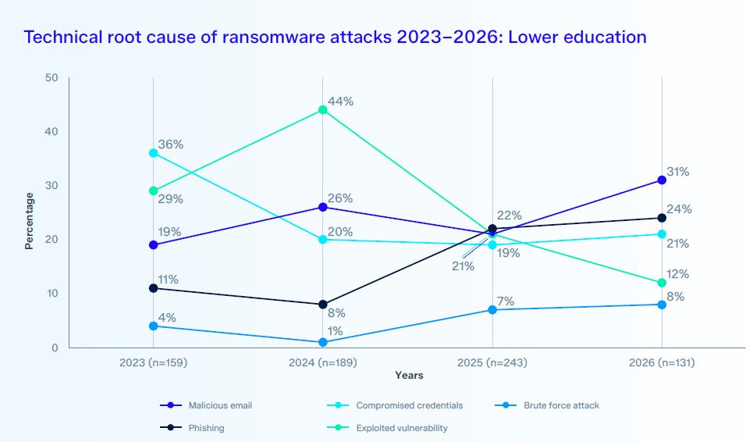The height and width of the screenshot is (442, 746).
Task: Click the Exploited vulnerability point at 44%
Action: (322, 110)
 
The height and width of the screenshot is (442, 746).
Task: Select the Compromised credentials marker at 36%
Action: (153, 153)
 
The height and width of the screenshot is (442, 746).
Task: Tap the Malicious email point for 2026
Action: (662, 180)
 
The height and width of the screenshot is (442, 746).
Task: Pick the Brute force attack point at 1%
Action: (322, 342)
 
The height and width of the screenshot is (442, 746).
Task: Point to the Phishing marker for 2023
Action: (153, 288)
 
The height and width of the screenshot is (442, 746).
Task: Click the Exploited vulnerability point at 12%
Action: (662, 283)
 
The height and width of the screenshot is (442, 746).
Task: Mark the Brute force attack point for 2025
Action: (492, 309)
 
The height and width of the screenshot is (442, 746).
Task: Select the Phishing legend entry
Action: (192, 428)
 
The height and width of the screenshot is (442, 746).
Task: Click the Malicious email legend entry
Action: (206, 405)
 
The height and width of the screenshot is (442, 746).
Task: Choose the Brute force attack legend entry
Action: (547, 405)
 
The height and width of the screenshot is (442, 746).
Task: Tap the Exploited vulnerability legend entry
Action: (387, 428)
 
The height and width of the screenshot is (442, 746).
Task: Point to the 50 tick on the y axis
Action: (52, 77)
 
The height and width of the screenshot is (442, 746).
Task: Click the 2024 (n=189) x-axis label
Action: (322, 362)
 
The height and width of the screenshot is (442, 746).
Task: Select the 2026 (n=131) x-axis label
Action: (662, 362)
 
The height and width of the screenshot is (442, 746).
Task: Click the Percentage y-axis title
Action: (30, 221)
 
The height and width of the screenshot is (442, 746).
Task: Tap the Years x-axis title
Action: (409, 376)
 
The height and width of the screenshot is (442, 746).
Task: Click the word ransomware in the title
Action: (274, 37)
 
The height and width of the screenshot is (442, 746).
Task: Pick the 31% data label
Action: (677, 172)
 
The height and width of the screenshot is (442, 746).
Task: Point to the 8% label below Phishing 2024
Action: (336, 313)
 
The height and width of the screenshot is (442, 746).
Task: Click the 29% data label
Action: (170, 199)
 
